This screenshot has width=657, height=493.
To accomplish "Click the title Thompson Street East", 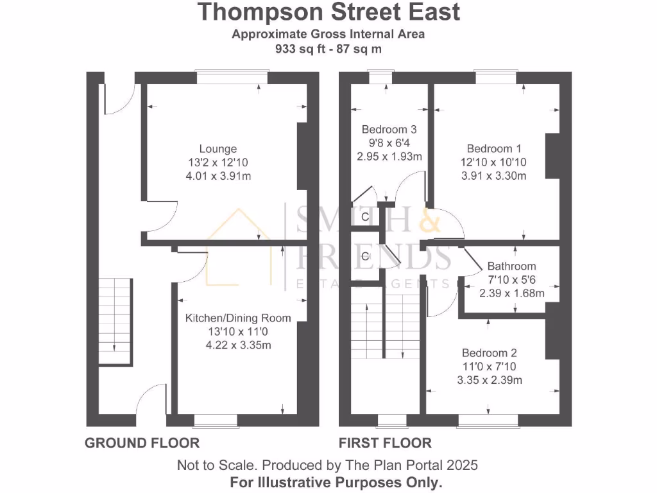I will click(328, 12).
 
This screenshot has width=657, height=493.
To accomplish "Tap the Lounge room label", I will click(218, 149).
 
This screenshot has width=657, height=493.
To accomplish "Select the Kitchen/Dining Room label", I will click(238, 318).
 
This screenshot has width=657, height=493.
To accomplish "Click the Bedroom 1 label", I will click(490, 148).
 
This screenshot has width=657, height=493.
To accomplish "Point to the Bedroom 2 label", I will click(490, 353).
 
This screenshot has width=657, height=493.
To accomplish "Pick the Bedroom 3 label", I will click(385, 128).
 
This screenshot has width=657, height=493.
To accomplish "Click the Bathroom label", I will click(511, 266).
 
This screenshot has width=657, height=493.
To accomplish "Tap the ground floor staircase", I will click(115, 321).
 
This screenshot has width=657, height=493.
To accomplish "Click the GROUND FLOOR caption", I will click(142, 443).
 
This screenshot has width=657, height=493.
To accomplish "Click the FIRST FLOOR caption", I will click(385, 443).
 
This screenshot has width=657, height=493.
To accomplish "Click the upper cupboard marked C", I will click(365, 217).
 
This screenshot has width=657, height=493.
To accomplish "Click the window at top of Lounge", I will click(232, 77).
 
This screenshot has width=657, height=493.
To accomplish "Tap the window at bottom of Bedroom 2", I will click(488, 420).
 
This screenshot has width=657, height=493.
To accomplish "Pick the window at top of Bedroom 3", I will click(380, 77).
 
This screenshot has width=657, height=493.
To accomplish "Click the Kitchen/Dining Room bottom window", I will click(215, 420).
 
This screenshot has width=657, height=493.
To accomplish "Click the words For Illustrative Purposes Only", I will click(328, 481).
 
